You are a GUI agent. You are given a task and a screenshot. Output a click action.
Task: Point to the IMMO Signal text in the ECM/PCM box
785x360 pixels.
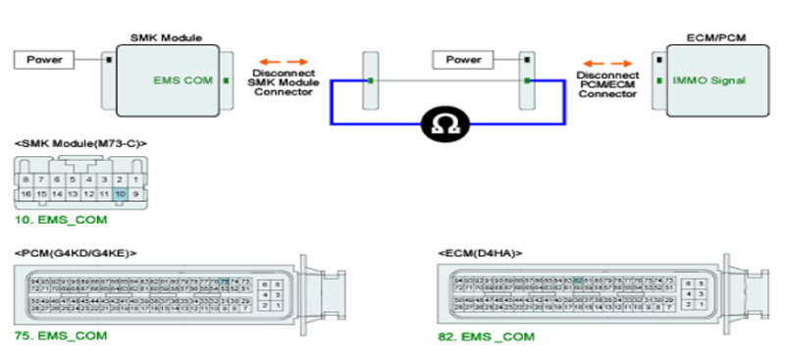point(703,81)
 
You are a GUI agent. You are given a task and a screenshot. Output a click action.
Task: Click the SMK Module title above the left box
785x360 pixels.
point(166,37)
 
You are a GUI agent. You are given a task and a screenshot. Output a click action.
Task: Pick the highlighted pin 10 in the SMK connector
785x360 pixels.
point(120,195)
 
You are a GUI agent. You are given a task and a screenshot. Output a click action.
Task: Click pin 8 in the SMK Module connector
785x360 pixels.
point(26,180)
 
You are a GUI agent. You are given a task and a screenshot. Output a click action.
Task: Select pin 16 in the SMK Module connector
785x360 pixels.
point(26,195)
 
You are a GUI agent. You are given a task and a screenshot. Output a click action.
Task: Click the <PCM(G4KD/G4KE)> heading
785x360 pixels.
point(76,253)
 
